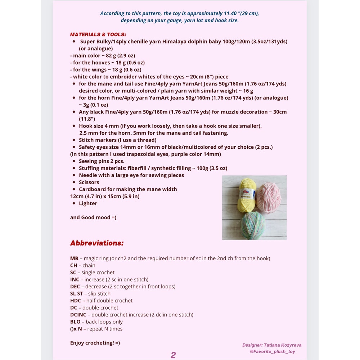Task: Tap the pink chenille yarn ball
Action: tap(270, 198)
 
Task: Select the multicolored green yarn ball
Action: tap(253, 225)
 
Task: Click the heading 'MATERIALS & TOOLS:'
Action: tap(98, 35)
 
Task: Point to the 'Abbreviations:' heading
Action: tap(97, 243)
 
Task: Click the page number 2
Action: tap(173, 355)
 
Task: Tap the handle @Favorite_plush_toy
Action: tap(272, 351)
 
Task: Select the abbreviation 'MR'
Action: tap(74, 258)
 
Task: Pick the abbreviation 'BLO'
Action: tap(75, 322)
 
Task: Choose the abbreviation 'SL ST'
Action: tap(76, 294)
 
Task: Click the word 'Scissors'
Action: tap(89, 182)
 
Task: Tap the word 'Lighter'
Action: tap(88, 203)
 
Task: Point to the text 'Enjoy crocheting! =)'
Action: tap(95, 343)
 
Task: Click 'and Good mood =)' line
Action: tap(93, 217)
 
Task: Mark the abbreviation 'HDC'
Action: tap(76, 301)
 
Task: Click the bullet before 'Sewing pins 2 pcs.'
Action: tap(74, 161)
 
